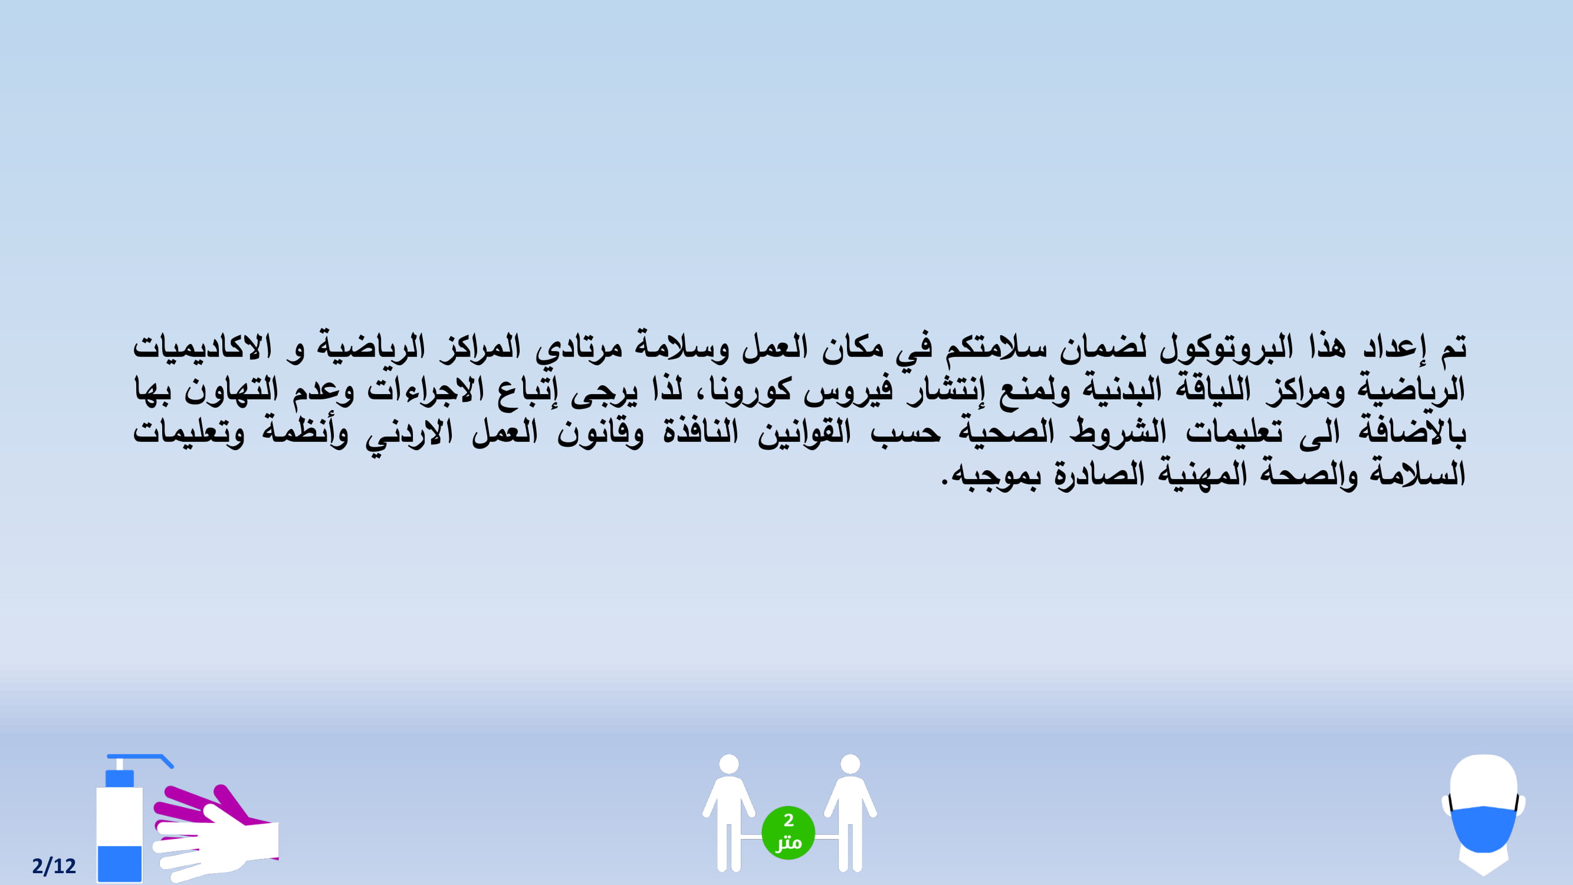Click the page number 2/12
coord(54,866)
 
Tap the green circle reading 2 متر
coord(788,832)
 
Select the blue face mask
coord(1483,828)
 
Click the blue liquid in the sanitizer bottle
coord(120,864)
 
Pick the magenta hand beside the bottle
coord(202,806)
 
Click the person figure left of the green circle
coord(728,812)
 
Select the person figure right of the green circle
coord(850,812)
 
